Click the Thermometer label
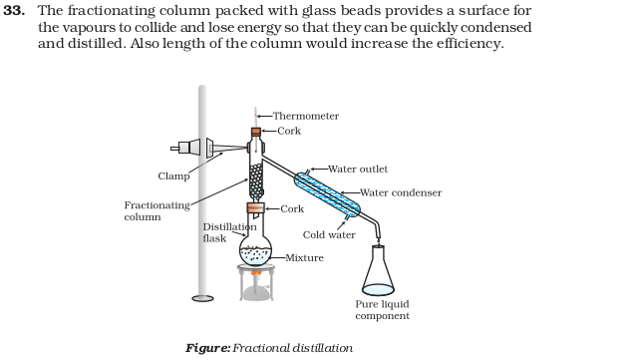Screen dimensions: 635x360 pyautogui.click(x=306, y=116)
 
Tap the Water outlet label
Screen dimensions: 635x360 pyautogui.click(x=358, y=169)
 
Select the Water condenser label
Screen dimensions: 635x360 pyautogui.click(x=401, y=192)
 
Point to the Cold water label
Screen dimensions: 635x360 pyautogui.click(x=329, y=235)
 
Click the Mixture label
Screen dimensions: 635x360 pyautogui.click(x=304, y=257)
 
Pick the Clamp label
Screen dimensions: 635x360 pyautogui.click(x=173, y=177)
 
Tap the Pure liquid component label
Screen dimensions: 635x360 pyautogui.click(x=383, y=310)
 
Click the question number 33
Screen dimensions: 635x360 pyautogui.click(x=14, y=11)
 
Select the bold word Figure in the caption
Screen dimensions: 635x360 pyautogui.click(x=207, y=348)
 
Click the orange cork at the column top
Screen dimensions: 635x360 pyautogui.click(x=255, y=132)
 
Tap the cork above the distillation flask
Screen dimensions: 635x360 pyautogui.click(x=255, y=208)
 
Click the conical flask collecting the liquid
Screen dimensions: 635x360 pyautogui.click(x=378, y=270)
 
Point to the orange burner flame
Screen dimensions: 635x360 pyautogui.click(x=256, y=273)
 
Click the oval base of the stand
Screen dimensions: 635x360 pyautogui.click(x=202, y=298)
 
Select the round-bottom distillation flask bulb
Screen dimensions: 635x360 pyautogui.click(x=255, y=250)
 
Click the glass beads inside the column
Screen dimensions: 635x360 pyautogui.click(x=255, y=181)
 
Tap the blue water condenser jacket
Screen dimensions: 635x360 pyautogui.click(x=327, y=194)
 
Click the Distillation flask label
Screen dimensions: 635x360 pyautogui.click(x=229, y=232)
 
